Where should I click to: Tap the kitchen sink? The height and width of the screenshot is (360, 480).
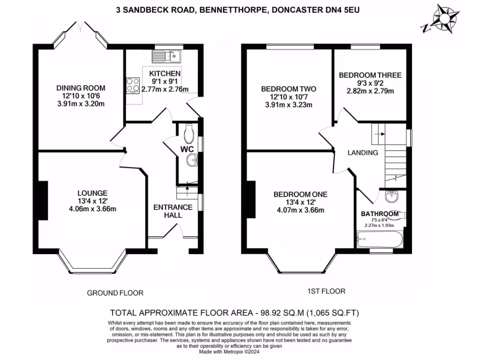pos(167,57)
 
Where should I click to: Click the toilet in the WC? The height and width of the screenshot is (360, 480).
pos(189,134)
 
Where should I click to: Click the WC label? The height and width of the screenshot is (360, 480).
pos(187,150)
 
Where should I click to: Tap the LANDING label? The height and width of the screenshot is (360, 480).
pos(362,153)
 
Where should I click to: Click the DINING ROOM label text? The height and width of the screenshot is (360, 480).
pos(81,88)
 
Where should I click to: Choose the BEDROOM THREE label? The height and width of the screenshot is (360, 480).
pos(370,75)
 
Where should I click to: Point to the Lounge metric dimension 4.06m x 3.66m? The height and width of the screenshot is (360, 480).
pos(92,209)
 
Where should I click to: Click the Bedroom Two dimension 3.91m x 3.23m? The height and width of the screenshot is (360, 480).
pos(288,105)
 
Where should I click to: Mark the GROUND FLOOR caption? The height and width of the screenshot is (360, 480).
pos(115,293)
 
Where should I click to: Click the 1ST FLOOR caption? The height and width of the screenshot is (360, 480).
pos(326,291)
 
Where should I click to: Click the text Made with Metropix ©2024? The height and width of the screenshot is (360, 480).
pos(229,352)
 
